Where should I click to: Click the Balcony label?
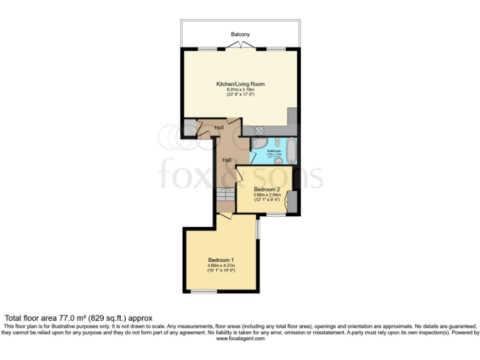241,34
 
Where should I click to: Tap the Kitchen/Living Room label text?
241,84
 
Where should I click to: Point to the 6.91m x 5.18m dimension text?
241,89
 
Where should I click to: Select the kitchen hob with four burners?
257,131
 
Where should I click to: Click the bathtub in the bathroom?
291,151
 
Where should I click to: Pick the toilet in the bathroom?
276,142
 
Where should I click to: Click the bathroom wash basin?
277,160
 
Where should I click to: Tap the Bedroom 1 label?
221,260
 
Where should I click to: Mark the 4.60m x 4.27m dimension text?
221,266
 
